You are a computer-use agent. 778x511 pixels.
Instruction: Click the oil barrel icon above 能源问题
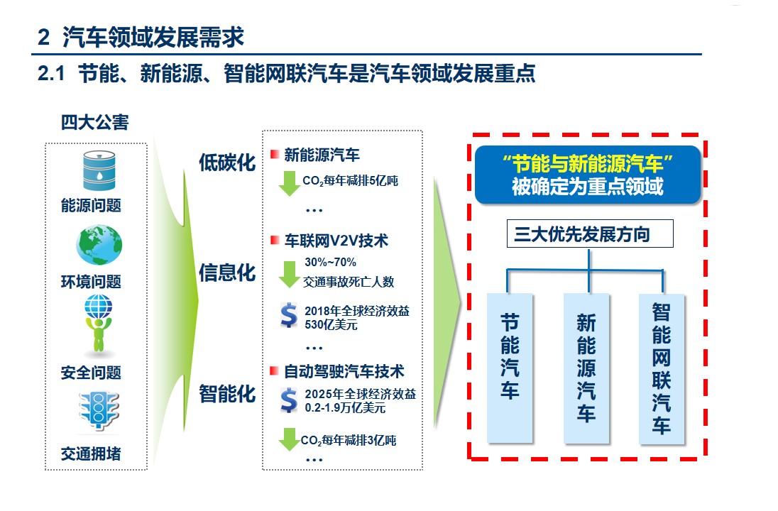tap(99, 170)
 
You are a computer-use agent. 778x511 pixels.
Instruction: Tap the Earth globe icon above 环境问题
tap(99, 245)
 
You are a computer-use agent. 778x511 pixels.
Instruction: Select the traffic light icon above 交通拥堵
tap(99, 410)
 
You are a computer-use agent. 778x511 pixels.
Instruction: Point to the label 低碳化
tap(227, 163)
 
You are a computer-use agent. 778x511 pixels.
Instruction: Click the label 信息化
tap(227, 273)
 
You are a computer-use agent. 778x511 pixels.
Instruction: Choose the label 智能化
tap(227, 393)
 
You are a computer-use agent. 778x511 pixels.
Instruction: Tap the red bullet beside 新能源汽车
tap(275, 154)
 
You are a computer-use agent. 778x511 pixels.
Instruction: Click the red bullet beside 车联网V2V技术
tap(275, 240)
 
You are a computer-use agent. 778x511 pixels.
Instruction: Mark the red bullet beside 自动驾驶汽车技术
tap(275, 370)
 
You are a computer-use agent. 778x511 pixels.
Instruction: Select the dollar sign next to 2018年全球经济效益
tap(289, 316)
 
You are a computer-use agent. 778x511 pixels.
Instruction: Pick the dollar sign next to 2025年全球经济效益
tap(289, 400)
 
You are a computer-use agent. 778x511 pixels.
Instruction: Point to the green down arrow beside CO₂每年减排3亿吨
tap(289, 439)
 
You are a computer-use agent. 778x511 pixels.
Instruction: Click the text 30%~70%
tap(331, 262)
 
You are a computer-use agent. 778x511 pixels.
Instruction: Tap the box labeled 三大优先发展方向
tap(590, 233)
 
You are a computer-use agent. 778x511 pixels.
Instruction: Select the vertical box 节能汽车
tap(510, 368)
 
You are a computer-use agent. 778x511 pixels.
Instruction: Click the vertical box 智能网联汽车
tap(662, 368)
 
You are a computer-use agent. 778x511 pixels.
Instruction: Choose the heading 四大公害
tap(95, 122)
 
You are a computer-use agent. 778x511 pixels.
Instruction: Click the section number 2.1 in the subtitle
tap(51, 73)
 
